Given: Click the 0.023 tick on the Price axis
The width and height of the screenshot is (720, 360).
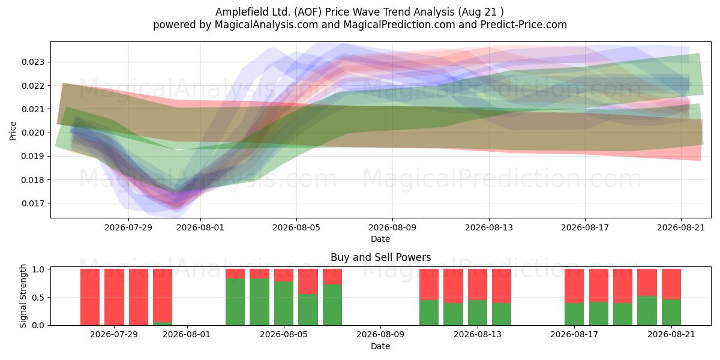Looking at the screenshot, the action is (x=33, y=62).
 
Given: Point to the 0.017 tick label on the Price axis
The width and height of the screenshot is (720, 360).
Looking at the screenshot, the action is (x=33, y=203).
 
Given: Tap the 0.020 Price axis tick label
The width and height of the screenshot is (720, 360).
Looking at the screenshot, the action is (x=33, y=133).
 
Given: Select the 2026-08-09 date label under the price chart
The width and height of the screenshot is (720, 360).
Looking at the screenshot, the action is (x=392, y=227).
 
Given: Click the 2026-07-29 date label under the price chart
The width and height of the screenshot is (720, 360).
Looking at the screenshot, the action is (x=128, y=227).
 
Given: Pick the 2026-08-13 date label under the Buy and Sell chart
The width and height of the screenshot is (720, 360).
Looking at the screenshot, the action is (x=478, y=335).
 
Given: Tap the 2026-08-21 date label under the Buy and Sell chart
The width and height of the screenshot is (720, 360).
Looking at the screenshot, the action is (x=671, y=335).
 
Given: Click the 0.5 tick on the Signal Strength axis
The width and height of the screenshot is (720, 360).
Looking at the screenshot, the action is (x=38, y=298).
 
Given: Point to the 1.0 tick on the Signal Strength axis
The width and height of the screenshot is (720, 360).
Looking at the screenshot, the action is (x=38, y=269).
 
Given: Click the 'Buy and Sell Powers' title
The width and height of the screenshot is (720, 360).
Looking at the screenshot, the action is (x=380, y=257).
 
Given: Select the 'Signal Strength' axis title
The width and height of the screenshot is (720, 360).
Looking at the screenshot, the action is (x=23, y=296).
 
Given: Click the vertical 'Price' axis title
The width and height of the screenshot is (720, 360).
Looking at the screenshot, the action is (x=13, y=131).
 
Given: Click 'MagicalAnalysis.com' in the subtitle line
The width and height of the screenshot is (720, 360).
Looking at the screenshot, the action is (x=266, y=25).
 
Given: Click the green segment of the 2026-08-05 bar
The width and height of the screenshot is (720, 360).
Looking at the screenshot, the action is (x=284, y=304).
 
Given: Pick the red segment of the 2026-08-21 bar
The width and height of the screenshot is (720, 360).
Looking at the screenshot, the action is (x=671, y=284).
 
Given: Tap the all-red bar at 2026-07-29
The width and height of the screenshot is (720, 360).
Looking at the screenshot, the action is (x=114, y=297).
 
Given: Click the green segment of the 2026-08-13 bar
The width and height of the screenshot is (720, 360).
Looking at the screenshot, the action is (x=478, y=313).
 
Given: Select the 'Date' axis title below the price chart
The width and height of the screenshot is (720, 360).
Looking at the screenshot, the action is (x=380, y=239).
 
